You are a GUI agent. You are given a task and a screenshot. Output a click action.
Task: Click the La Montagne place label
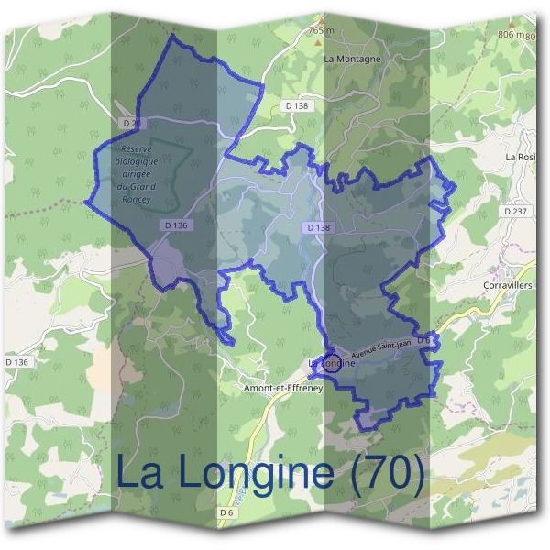coord(352,58)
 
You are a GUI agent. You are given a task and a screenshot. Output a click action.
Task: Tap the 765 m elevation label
coord(322,30)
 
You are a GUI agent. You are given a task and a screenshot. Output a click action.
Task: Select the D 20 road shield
coord(131,122)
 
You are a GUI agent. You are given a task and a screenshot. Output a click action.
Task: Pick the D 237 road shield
coord(515,211)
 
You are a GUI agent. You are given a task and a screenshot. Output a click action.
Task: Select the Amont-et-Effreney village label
coord(280,388)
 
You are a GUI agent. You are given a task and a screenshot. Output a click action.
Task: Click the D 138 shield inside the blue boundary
coord(317,226)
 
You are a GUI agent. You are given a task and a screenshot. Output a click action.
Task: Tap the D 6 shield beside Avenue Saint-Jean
coord(423,340)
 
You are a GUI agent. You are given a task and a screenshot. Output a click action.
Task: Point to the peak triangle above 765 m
coord(321,18)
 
